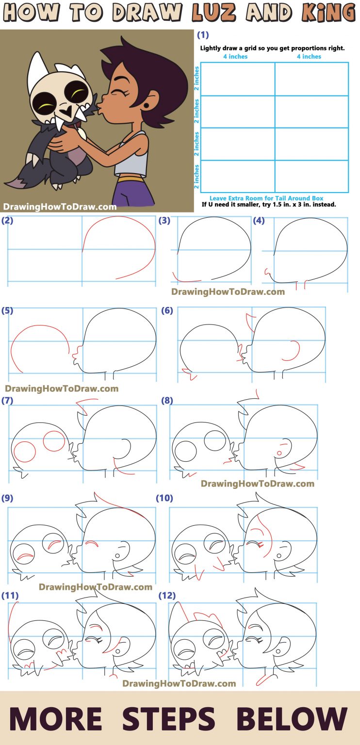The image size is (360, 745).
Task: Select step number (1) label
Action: (x=203, y=35)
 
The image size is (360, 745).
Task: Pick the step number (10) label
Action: (x=164, y=498)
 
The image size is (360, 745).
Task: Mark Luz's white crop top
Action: (x=131, y=155)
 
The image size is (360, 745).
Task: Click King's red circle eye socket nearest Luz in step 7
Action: (x=54, y=441)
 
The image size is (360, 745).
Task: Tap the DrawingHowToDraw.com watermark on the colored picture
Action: (x=60, y=207)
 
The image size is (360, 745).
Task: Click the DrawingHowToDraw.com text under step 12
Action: (x=179, y=683)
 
